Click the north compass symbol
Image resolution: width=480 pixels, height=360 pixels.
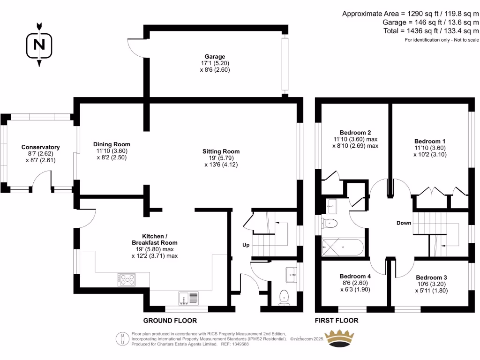(x=39, y=45)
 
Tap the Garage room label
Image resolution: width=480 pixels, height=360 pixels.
(x=215, y=63)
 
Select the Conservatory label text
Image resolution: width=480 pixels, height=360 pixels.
(x=41, y=153)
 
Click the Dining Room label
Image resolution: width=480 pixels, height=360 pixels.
(x=112, y=151)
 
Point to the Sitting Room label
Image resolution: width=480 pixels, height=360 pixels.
(x=221, y=158)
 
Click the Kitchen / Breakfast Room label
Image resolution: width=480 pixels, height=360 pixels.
(x=154, y=246)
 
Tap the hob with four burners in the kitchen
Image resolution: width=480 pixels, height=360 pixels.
(x=127, y=280)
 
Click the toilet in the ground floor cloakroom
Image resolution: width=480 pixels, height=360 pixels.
(x=283, y=297)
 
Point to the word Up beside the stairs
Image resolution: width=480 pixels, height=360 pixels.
(x=246, y=245)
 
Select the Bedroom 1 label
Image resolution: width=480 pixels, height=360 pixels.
(x=430, y=148)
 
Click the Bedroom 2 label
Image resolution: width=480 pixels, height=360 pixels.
(x=356, y=139)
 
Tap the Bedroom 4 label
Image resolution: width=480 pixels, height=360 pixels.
(x=355, y=283)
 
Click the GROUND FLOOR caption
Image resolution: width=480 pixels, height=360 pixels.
(x=170, y=321)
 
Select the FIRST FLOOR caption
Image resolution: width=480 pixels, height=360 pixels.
(x=337, y=321)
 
